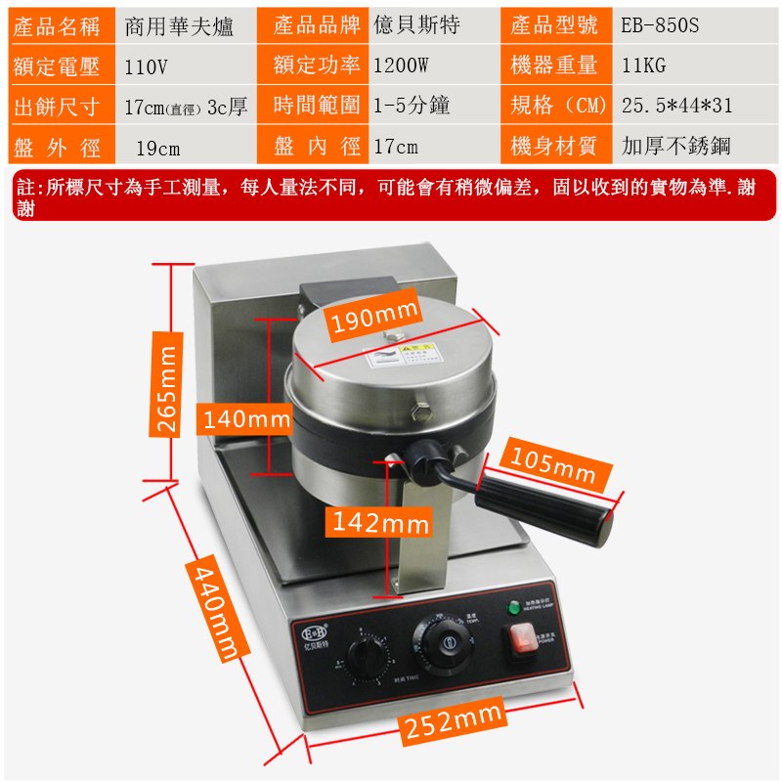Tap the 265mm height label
(x=168, y=390)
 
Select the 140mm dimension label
(x=246, y=420)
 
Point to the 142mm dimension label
(x=379, y=522)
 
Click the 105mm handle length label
(x=554, y=466)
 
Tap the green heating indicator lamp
(x=513, y=609)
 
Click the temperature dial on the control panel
(x=447, y=641)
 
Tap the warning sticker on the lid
(x=402, y=356)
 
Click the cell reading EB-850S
(x=660, y=25)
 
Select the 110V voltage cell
(x=147, y=66)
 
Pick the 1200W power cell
(x=401, y=66)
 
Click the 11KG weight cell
(x=644, y=66)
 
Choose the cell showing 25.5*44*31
(x=676, y=106)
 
